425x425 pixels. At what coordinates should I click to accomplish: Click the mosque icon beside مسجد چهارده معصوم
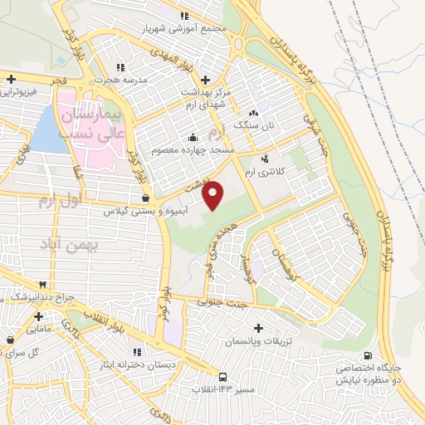[193, 137]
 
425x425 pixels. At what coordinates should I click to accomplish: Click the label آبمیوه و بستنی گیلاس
[148, 212]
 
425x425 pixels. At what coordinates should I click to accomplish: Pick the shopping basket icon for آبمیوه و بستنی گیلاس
[147, 199]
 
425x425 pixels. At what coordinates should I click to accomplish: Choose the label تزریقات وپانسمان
[256, 341]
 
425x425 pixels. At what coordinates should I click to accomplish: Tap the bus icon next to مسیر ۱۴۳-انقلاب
[222, 376]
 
